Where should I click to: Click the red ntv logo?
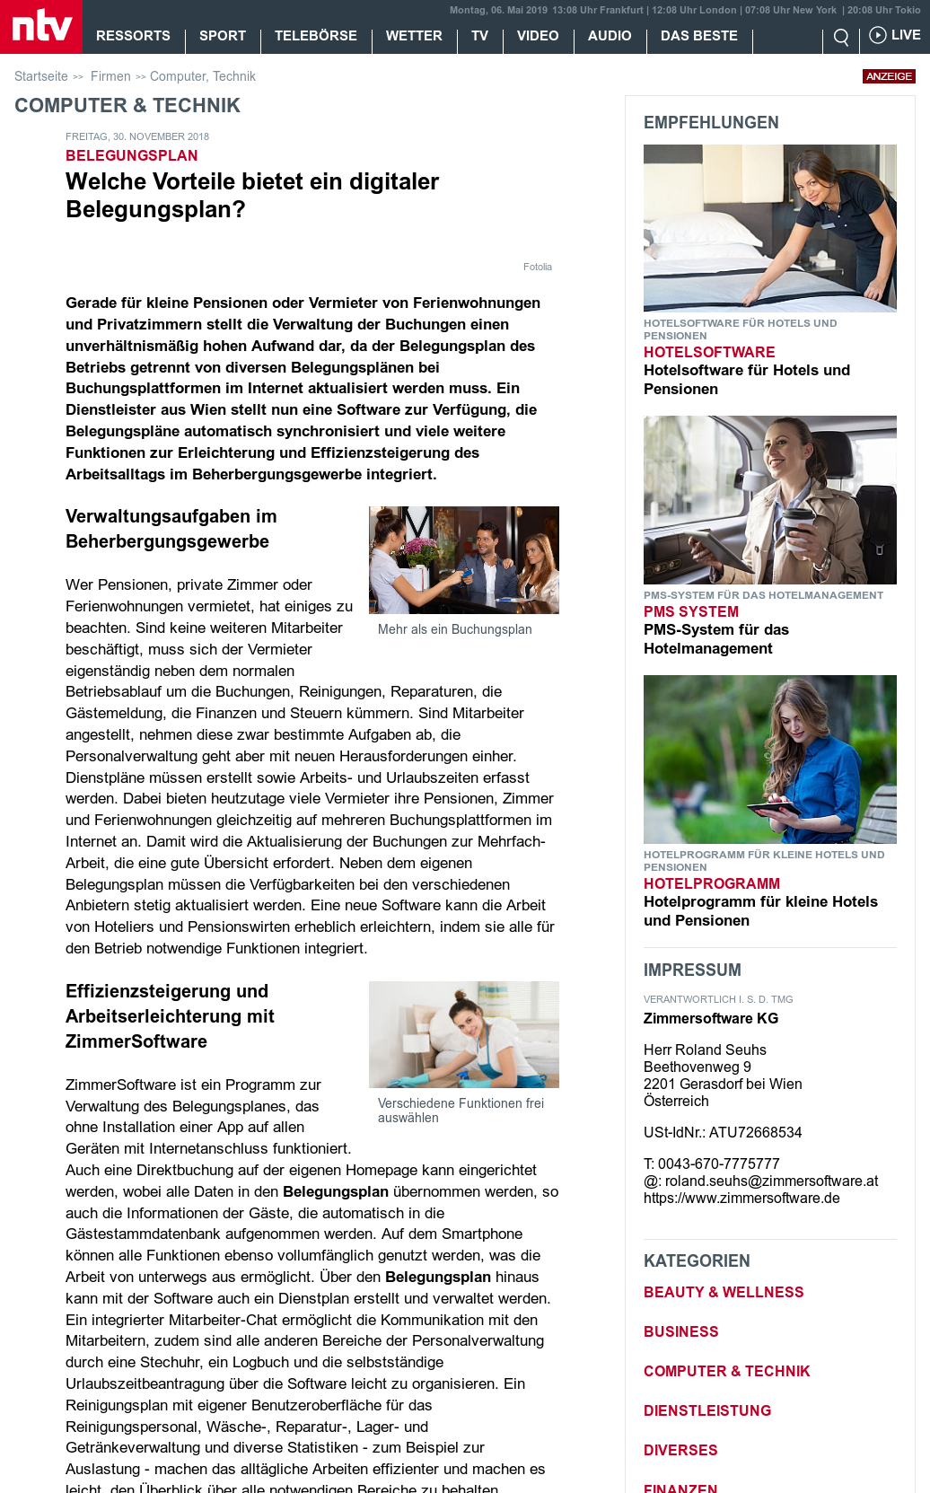tap(41, 26)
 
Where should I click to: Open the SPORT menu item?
tap(223, 36)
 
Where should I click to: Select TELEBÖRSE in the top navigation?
tap(315, 36)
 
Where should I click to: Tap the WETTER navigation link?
tap(414, 36)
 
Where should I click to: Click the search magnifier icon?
tap(841, 37)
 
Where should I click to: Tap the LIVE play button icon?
tap(878, 35)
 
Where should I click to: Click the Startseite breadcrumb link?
tap(41, 76)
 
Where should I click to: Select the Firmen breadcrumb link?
tap(110, 76)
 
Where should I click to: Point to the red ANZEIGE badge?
tap(889, 76)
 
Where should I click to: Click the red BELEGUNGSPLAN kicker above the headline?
tap(132, 155)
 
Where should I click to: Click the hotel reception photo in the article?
tap(464, 560)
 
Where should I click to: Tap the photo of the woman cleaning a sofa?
tap(464, 1034)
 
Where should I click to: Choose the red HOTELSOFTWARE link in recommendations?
tap(709, 352)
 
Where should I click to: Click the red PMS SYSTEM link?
tap(691, 611)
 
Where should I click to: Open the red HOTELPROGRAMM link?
tap(712, 883)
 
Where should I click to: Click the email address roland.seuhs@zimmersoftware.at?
tap(771, 1181)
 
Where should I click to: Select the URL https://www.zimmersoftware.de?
tap(741, 1198)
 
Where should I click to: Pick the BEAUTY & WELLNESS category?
tap(724, 1292)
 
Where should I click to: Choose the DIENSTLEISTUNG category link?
tap(707, 1410)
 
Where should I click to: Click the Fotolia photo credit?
tap(538, 267)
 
